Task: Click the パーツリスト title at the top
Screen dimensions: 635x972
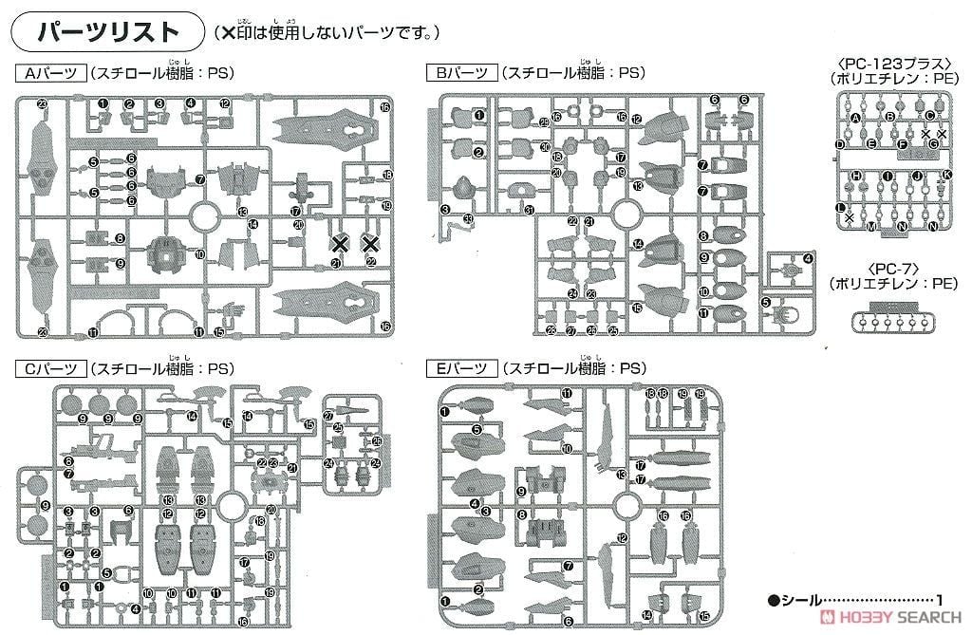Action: pos(106,31)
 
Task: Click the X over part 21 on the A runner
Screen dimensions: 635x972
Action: pos(339,244)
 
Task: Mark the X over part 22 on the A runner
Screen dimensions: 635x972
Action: pos(370,244)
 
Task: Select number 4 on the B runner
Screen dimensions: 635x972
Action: pos(808,257)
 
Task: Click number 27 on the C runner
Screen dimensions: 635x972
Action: pos(327,416)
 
